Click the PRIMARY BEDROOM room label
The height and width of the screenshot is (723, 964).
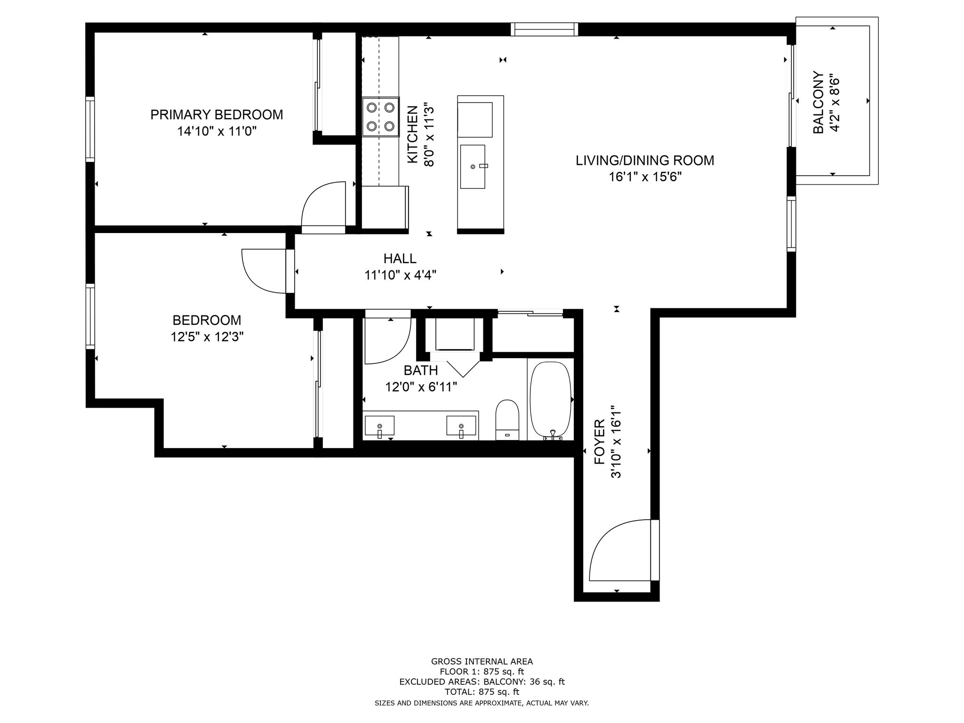point(217,114)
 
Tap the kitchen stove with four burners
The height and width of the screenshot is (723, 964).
point(380,117)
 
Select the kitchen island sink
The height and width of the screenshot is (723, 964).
point(473,167)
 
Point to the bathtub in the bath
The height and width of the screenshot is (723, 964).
point(550,400)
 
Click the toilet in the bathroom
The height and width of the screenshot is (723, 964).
point(507,420)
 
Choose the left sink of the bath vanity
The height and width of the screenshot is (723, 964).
point(379,426)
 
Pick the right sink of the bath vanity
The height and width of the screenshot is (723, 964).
point(461,426)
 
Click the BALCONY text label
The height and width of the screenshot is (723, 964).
point(819,102)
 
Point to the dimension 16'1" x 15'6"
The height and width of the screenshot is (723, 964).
point(645,177)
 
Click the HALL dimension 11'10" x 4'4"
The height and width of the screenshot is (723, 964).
point(400,275)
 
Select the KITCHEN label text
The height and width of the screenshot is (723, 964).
point(412,135)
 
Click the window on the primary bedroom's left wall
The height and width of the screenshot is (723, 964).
point(90,129)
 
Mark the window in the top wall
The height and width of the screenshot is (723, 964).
point(545,29)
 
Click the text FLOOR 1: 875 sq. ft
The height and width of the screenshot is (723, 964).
point(482,672)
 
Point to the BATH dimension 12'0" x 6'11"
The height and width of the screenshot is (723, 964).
point(421,387)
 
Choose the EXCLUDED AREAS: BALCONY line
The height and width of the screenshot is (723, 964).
point(482,682)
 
